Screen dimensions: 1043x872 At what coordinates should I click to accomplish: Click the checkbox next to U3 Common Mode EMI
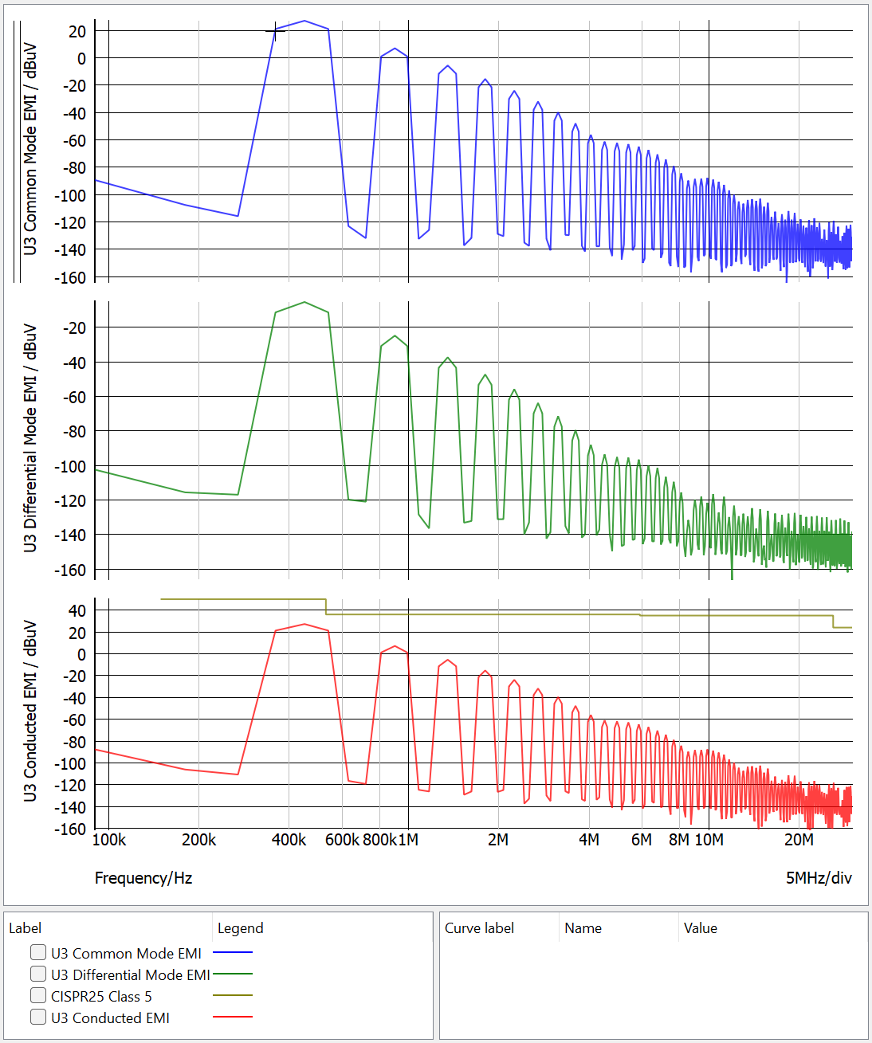coord(38,952)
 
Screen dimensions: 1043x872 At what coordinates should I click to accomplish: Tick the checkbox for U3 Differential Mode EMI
coord(38,974)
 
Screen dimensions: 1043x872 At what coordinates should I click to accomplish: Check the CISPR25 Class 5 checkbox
coord(38,995)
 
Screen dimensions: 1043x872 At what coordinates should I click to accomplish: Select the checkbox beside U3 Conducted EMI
coord(38,1017)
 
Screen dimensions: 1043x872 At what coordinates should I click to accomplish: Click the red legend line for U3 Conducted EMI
coord(233,1017)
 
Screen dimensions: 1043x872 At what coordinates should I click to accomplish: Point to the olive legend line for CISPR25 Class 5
coord(233,995)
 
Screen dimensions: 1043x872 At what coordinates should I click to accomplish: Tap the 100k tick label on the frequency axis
coord(109,840)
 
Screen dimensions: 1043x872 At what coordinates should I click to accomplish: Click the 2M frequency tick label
coord(498,840)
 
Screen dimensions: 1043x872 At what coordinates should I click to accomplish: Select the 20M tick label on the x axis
coord(799,840)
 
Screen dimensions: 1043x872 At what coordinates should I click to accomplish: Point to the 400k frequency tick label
coord(289,840)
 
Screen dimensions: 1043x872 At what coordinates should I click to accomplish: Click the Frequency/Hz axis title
coord(143,878)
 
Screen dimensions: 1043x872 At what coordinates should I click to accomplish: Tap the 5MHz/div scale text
coord(819,878)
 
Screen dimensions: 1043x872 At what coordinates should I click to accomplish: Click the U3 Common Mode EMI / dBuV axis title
coord(30,149)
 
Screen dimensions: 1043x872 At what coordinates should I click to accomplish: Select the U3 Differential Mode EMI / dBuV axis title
coord(30,437)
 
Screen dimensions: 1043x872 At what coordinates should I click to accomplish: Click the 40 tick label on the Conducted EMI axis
coord(77,611)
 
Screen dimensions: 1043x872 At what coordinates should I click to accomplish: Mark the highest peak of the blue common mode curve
coord(304,21)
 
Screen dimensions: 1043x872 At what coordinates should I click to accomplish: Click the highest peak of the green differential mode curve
coord(304,302)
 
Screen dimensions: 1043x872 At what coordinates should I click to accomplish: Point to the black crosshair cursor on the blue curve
coord(275,31)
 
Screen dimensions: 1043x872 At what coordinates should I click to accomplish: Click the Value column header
coord(701,928)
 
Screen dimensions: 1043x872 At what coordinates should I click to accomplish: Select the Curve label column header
coord(479,928)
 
